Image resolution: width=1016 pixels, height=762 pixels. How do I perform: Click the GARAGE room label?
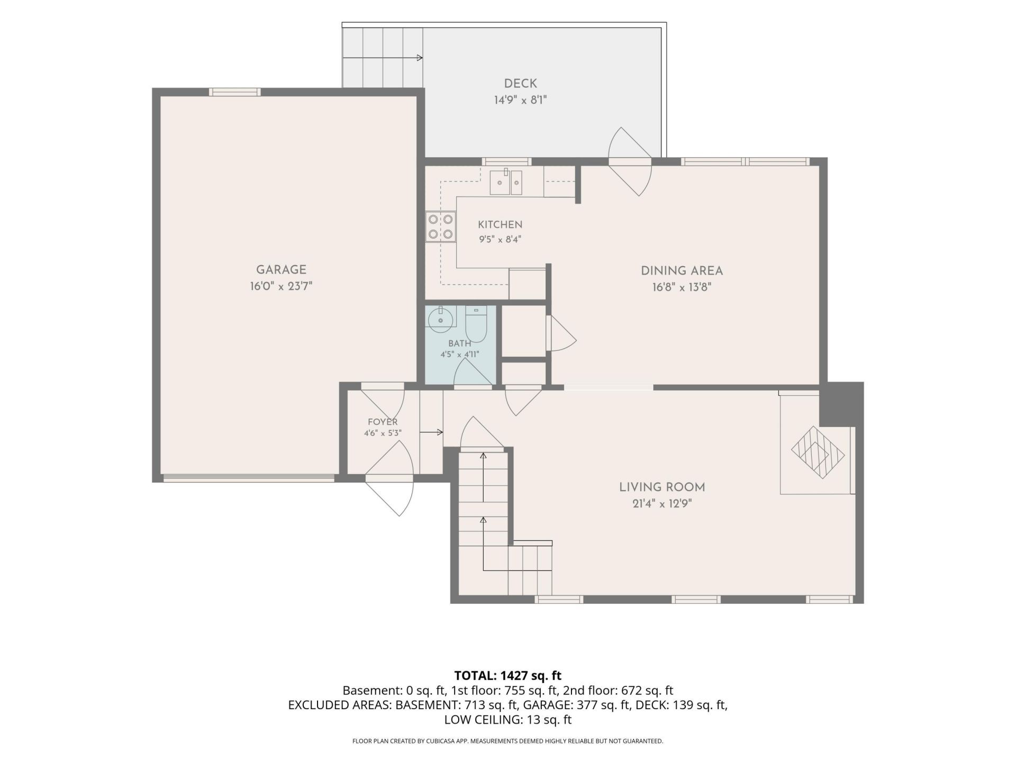[281, 270]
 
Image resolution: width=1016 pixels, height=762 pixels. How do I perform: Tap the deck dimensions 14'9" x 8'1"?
[520, 100]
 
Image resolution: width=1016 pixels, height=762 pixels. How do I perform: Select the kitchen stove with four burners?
[441, 226]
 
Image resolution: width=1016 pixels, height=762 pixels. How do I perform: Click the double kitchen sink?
[505, 182]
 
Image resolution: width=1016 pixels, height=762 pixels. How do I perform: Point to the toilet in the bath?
[476, 324]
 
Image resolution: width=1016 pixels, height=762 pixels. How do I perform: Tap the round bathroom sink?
[441, 320]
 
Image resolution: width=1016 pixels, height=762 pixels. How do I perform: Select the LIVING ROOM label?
[662, 487]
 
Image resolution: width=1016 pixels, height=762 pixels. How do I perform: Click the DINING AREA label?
[682, 271]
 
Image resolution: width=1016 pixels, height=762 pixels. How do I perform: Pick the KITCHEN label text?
[500, 225]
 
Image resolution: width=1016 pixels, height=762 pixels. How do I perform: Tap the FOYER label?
[383, 422]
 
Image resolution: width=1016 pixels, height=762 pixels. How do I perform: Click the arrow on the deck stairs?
[383, 58]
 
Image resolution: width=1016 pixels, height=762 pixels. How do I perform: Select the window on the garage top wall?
[235, 92]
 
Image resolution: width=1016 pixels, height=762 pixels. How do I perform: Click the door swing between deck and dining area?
[630, 161]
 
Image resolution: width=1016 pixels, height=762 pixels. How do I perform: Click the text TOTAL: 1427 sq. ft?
[507, 676]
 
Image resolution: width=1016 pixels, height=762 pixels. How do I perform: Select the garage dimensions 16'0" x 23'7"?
[282, 287]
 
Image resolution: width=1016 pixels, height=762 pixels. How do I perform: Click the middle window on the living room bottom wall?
[696, 600]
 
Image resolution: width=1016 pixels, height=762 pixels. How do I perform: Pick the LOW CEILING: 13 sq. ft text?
[507, 720]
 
